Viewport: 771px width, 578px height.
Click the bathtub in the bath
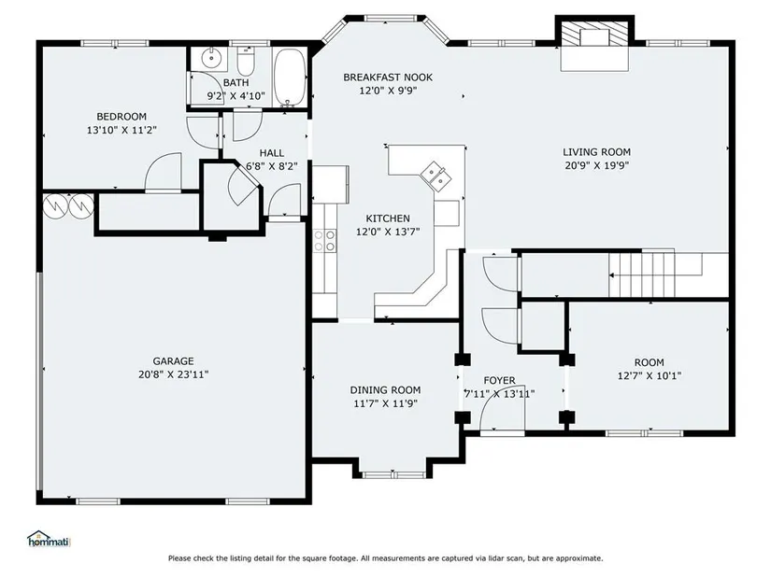tap(290, 77)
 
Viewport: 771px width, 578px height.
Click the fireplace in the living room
tap(595, 43)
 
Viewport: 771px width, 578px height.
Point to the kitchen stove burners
tap(324, 241)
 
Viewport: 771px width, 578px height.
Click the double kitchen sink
tap(435, 175)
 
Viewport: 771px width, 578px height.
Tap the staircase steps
tap(641, 274)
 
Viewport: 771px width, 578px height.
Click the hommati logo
tap(49, 539)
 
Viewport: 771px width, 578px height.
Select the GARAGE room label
tap(173, 360)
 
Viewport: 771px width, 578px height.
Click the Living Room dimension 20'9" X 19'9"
tap(597, 165)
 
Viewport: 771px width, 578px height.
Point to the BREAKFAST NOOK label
tap(388, 78)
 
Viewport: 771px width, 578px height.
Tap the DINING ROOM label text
tap(385, 390)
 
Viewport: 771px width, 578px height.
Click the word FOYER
tap(500, 380)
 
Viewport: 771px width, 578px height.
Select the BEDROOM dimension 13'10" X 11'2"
tap(121, 130)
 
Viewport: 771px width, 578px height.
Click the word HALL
tap(271, 153)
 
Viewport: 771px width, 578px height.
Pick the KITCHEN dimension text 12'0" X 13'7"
tap(388, 232)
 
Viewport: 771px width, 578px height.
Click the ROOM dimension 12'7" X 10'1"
tap(650, 376)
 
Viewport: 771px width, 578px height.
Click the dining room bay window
tap(393, 473)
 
